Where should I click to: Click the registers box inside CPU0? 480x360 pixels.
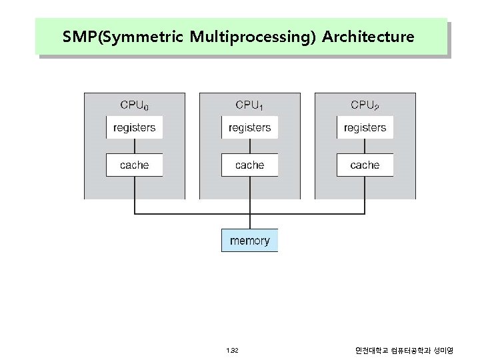(135, 127)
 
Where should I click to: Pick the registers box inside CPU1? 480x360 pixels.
(249, 127)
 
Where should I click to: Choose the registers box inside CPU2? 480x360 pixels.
(365, 127)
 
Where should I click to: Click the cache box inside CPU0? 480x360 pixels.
(135, 165)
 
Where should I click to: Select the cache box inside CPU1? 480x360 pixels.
(249, 165)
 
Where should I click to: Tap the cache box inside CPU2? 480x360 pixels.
(365, 165)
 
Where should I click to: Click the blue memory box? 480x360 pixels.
(249, 241)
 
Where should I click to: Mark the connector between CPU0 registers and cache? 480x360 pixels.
(135, 146)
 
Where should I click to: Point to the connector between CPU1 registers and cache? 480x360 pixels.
(249, 146)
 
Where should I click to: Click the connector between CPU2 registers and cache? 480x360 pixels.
(365, 146)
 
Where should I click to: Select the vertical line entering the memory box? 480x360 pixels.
(249, 221)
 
